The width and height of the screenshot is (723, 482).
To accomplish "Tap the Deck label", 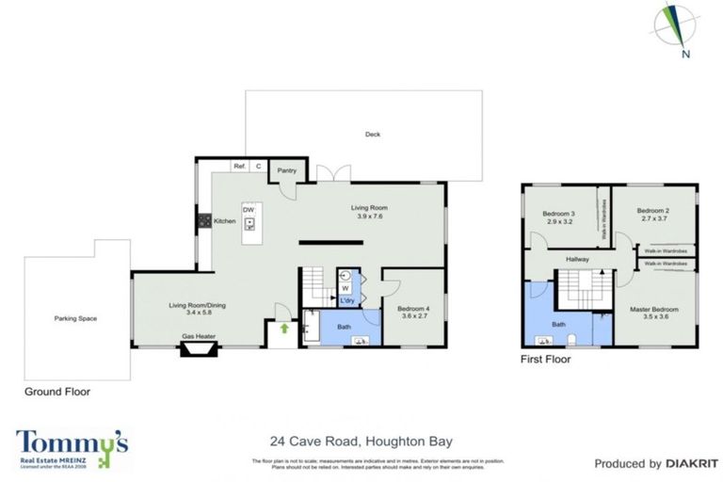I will coord(373,135).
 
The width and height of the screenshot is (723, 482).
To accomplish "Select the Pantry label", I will coord(287,170).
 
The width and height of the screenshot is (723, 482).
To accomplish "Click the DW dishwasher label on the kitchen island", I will coord(249,209).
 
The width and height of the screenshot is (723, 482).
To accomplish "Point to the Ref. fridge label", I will coord(239,167).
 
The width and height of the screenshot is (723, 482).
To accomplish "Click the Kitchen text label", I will coord(224,220).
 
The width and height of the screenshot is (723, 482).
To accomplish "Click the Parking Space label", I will coord(75,318).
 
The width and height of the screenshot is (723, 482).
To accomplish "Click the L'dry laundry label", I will coord(347,300).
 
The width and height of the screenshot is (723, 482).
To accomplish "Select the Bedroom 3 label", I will coord(558,214).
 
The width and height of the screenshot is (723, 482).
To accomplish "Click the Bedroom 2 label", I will coord(652,210).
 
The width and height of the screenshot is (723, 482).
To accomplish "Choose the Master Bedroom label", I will coord(652,309).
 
